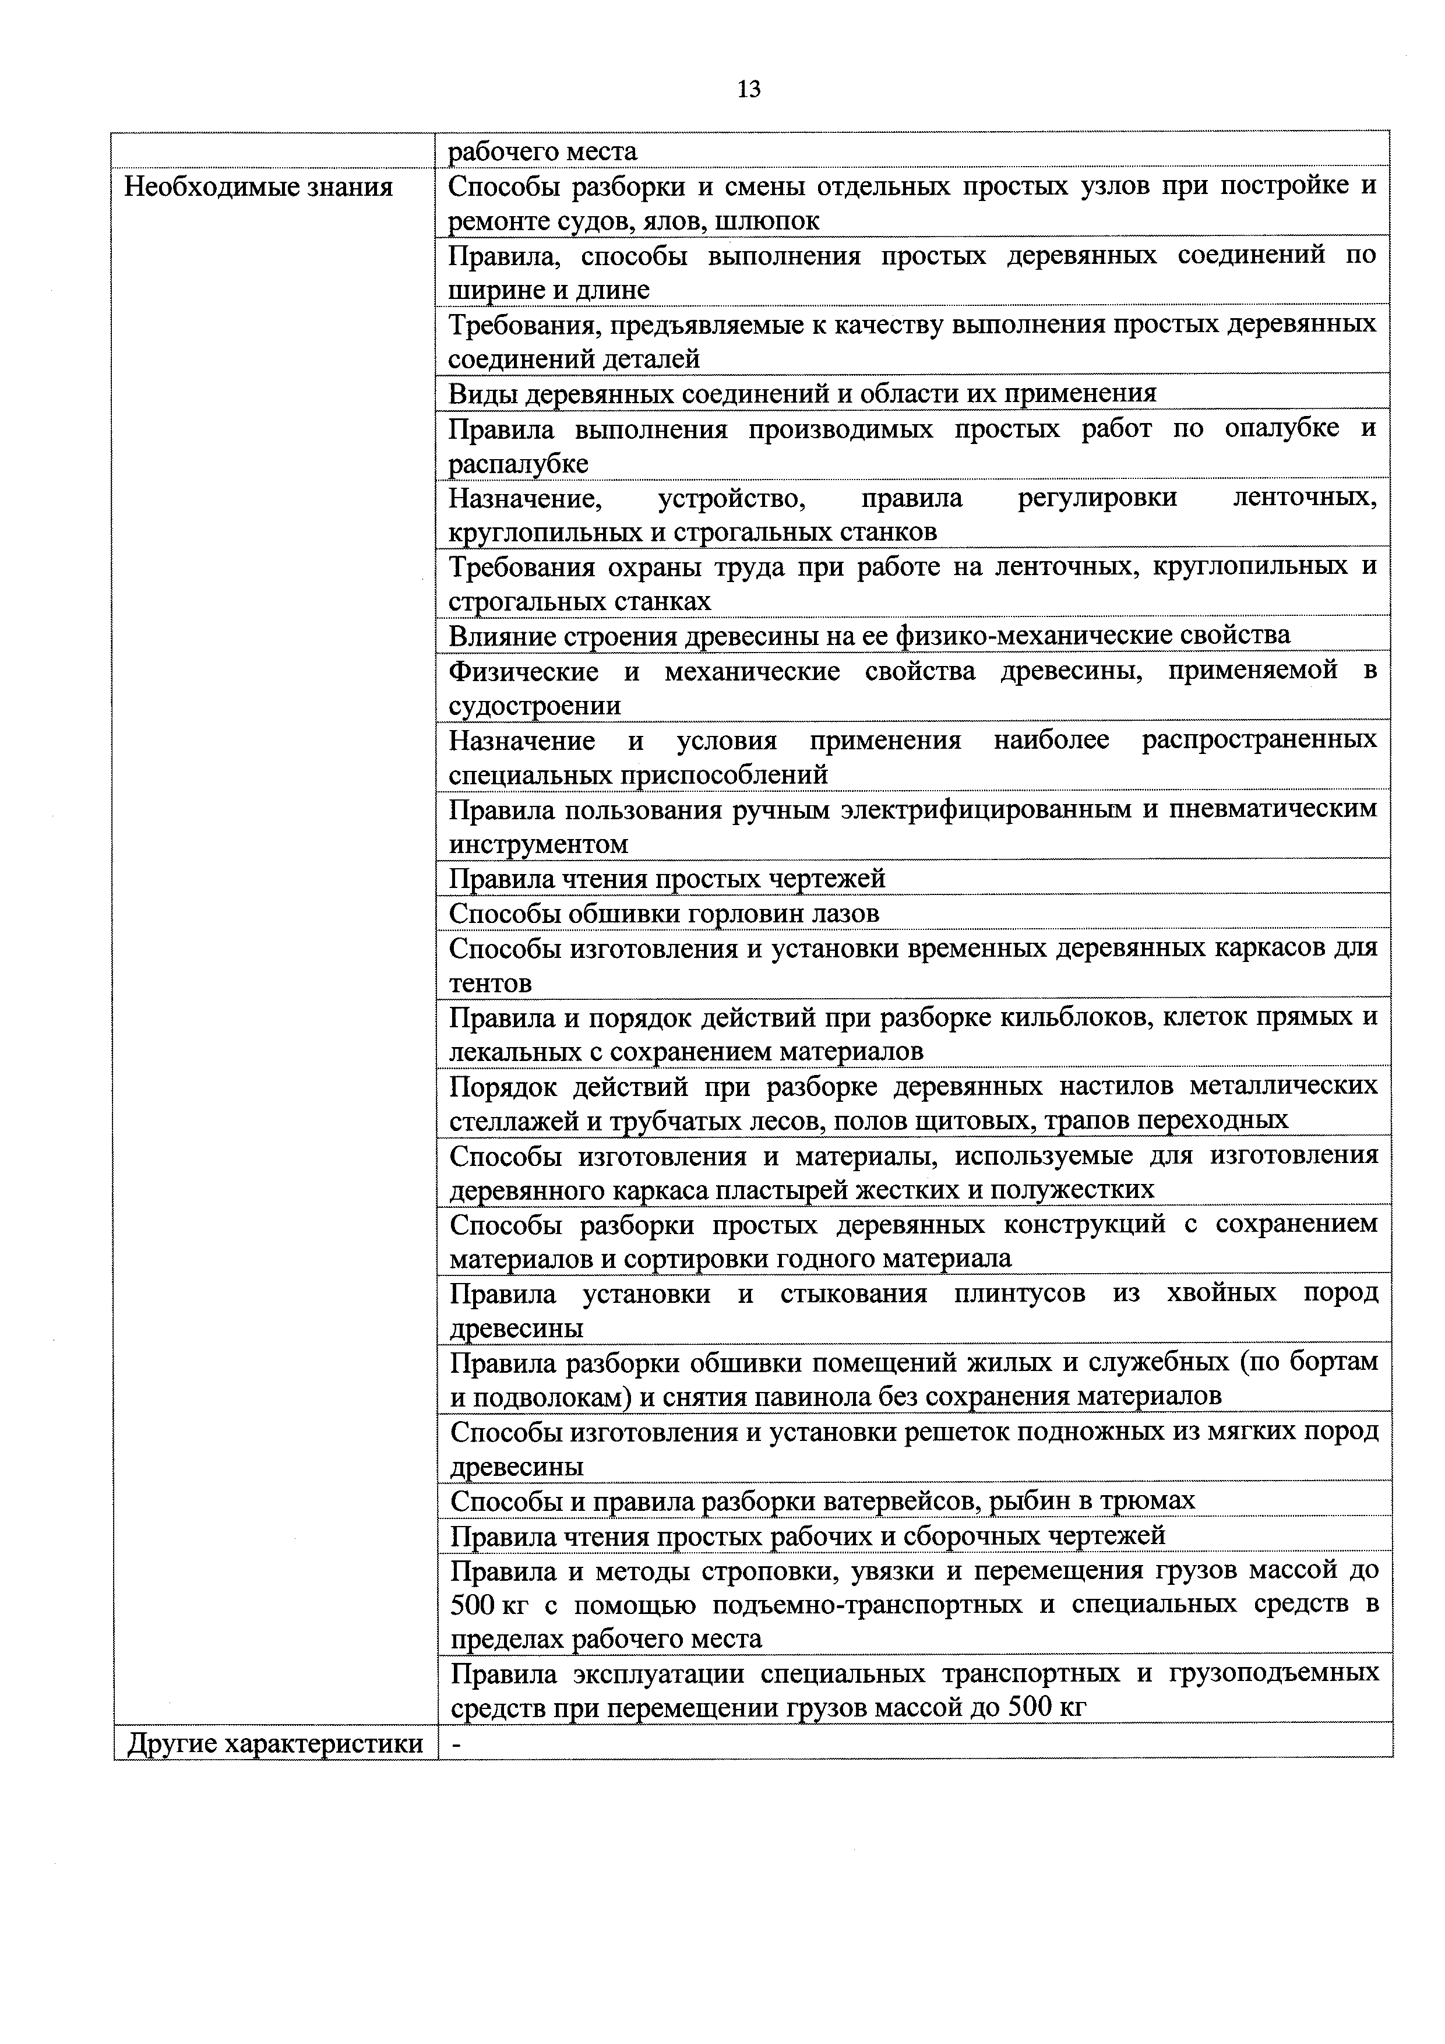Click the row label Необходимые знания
pos(258,188)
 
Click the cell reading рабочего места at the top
pos(542,152)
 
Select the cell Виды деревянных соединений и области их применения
pos(801,393)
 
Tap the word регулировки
pos(1097,498)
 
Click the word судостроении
pos(534,706)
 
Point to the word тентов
pos(491,984)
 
